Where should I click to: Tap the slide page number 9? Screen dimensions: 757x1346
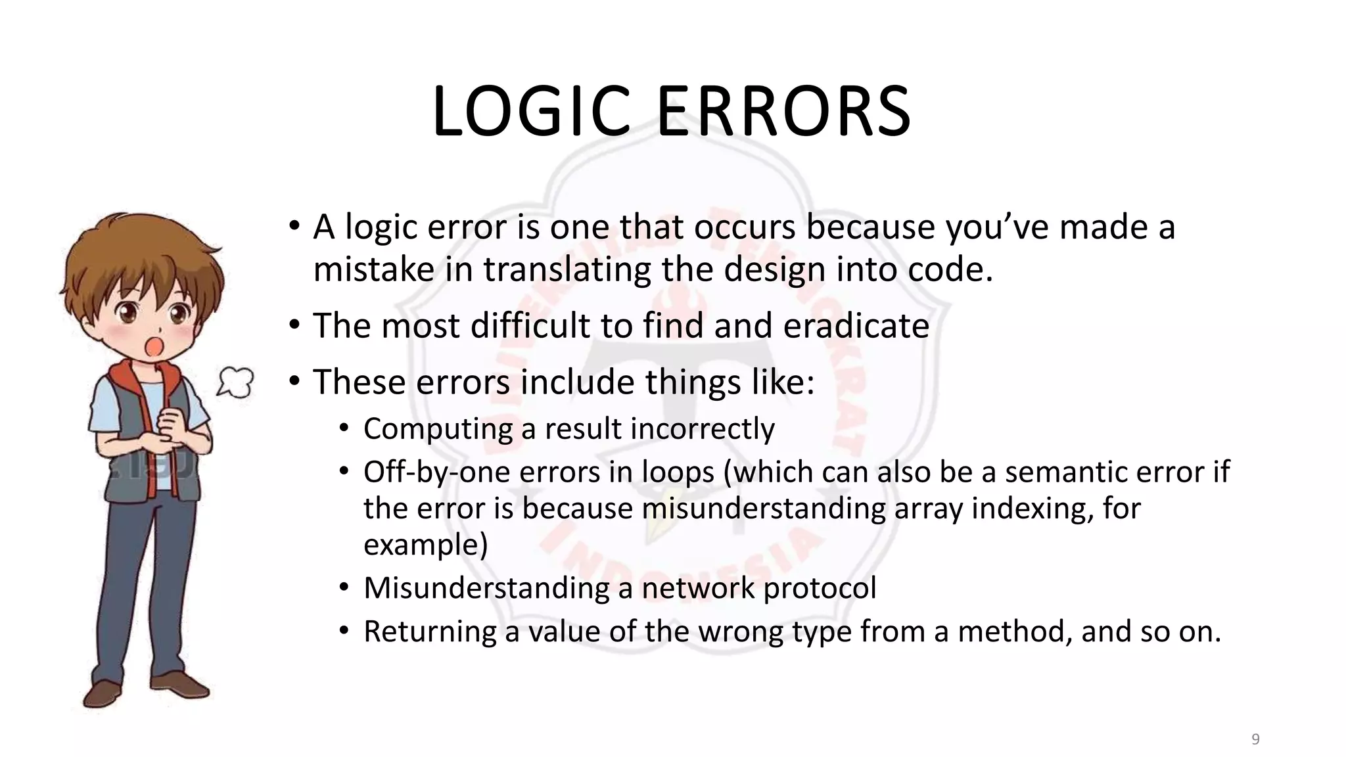1255,739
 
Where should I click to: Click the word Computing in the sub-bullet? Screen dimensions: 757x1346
438,429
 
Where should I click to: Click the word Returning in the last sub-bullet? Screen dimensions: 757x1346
430,631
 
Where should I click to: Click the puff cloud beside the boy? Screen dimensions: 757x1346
235,382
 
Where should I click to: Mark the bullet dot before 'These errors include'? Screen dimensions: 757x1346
294,381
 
